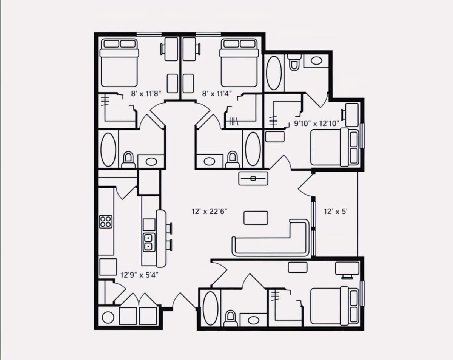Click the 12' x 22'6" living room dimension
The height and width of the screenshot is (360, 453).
(x=210, y=211)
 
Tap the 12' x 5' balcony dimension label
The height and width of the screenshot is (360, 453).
(x=336, y=211)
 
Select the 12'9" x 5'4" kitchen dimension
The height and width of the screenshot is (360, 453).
(x=139, y=275)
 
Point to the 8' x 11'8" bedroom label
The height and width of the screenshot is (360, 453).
(x=146, y=93)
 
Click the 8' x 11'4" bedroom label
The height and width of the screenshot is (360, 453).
(x=217, y=93)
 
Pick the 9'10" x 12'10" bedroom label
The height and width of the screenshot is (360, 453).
(x=316, y=123)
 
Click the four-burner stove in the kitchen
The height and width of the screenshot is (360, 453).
(x=105, y=222)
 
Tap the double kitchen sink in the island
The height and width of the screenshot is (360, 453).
(x=149, y=242)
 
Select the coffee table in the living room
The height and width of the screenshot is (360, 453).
(x=256, y=218)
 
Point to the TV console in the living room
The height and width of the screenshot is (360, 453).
(x=253, y=178)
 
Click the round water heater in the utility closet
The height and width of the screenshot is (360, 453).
(x=108, y=317)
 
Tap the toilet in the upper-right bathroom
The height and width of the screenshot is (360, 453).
(x=294, y=62)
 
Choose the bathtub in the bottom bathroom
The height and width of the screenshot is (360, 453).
(x=211, y=308)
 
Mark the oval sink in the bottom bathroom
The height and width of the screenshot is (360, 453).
(x=253, y=320)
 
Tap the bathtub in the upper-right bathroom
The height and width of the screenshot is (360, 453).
(x=274, y=73)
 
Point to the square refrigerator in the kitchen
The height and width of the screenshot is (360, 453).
(x=108, y=267)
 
